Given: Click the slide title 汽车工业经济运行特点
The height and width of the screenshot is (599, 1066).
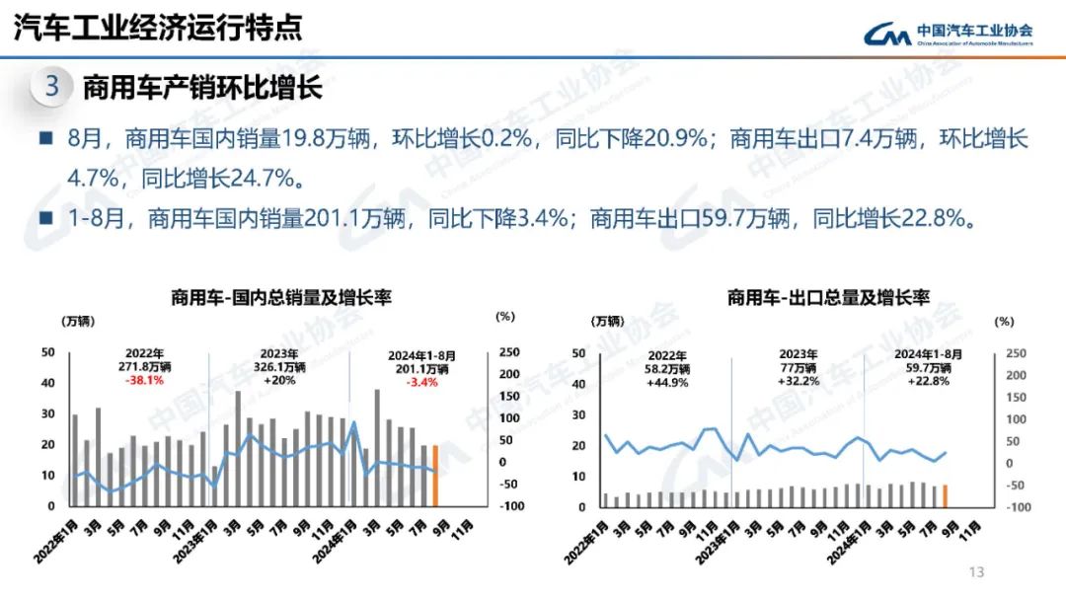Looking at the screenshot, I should coord(158,27).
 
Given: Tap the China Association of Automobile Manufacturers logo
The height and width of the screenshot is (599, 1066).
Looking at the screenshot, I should coord(948,34).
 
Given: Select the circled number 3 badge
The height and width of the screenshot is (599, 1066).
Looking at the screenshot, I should coord(52,87).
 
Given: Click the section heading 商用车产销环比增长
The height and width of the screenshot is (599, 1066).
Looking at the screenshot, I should coord(202,88).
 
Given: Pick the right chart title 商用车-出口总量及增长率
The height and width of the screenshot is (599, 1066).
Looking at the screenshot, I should coord(829,297).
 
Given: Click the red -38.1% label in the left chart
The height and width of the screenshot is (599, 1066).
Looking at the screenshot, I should coord(144,380).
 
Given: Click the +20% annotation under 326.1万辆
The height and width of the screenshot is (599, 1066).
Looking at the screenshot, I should coord(279,380).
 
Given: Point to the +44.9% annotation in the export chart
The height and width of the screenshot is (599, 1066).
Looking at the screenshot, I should coord(667,382).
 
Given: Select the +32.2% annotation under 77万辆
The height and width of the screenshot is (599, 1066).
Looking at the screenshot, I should coord(798,381).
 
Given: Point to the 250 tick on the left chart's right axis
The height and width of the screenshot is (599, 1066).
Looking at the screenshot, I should coord(509,352).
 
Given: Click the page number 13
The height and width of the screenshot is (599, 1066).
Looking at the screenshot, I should coord(977,573).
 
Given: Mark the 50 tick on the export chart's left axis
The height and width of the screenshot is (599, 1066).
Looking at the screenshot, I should coord(578,353).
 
